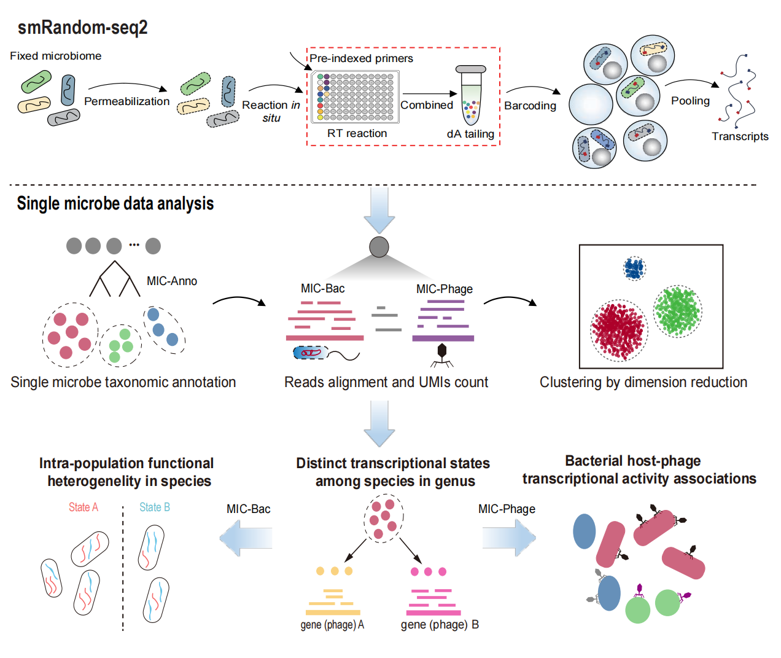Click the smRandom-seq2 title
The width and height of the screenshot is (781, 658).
coord(82,28)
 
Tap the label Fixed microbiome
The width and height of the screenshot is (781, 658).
coord(55,56)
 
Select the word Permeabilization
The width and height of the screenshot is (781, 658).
coord(126,101)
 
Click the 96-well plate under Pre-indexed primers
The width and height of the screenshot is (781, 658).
coord(356,97)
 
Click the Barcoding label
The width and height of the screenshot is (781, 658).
coord(530,106)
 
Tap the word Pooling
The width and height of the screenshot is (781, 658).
coord(690,101)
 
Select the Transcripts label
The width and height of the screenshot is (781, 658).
coord(740,136)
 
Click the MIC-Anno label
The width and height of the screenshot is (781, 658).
coord(172,281)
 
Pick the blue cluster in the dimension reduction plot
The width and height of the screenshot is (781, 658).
coord(634,268)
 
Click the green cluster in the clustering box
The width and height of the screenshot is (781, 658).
coord(677,311)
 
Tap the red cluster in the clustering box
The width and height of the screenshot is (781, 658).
coord(619,331)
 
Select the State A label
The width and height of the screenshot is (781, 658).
coord(84,507)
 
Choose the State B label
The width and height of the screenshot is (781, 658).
coord(155,507)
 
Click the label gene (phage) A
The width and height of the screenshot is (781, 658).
coord(332,625)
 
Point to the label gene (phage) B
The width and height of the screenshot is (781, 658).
coord(440,625)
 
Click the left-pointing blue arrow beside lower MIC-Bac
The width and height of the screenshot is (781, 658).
coord(246,538)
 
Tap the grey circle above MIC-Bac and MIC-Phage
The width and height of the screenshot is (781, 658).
coord(379,247)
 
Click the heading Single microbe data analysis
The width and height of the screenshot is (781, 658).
coord(115,204)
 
